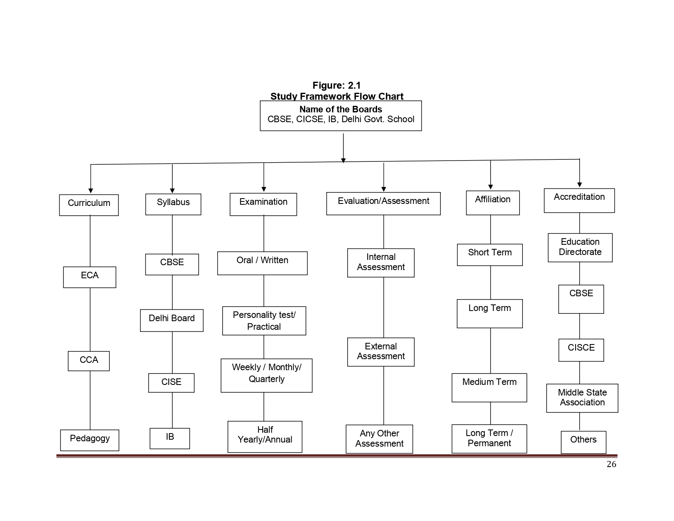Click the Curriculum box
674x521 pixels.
pyautogui.click(x=89, y=205)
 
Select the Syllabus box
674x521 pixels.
pyautogui.click(x=173, y=204)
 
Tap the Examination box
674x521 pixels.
pyautogui.click(x=263, y=204)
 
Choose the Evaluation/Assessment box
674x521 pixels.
pyautogui.click(x=384, y=203)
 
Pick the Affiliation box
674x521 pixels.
pyautogui.click(x=493, y=203)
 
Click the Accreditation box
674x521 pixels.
pyautogui.click(x=579, y=201)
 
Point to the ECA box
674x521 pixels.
pyautogui.click(x=89, y=277)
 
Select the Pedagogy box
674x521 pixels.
pyautogui.click(x=89, y=440)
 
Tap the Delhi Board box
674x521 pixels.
pyautogui.click(x=172, y=320)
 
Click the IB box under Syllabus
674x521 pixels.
pyautogui.click(x=170, y=438)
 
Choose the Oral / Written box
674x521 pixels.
pyautogui.click(x=262, y=263)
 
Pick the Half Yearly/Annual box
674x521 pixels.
pyautogui.click(x=265, y=436)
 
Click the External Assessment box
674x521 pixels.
pyautogui.click(x=381, y=352)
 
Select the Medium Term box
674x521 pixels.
pyautogui.click(x=489, y=387)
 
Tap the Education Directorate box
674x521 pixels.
pyautogui.click(x=580, y=248)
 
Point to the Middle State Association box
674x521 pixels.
pyautogui.click(x=582, y=398)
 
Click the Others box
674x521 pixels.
pyautogui.click(x=583, y=442)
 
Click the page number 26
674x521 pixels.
pyautogui.click(x=612, y=464)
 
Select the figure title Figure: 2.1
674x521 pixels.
pyautogui.click(x=337, y=85)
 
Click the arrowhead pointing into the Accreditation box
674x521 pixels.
pyautogui.click(x=579, y=185)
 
